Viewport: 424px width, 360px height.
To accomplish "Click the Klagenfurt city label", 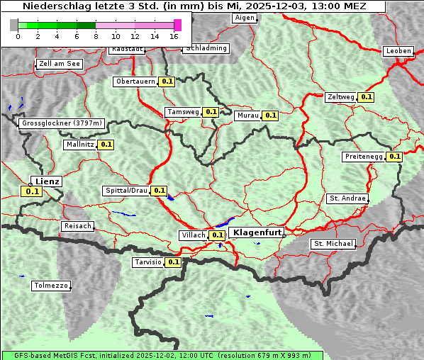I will pyautogui.click(x=257, y=232).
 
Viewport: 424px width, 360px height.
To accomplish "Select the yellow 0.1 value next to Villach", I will pyautogui.click(x=218, y=235).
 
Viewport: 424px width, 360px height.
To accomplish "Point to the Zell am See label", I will pyautogui.click(x=60, y=64).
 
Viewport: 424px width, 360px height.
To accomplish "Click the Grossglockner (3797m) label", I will pyautogui.click(x=62, y=123).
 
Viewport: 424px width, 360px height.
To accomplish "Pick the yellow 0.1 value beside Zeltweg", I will pyautogui.click(x=366, y=97).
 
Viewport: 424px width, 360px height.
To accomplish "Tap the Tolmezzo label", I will pyautogui.click(x=51, y=286).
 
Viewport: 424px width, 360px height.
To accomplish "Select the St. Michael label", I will pyautogui.click(x=333, y=244).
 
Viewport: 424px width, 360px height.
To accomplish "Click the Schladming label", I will pyautogui.click(x=206, y=48).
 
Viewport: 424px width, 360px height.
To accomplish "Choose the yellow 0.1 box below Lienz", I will pyautogui.click(x=32, y=191).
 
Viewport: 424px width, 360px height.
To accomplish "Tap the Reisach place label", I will pyautogui.click(x=78, y=226).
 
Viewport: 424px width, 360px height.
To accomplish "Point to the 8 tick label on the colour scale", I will pyautogui.click(x=96, y=36).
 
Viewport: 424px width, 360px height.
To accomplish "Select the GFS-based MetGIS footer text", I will pyautogui.click(x=162, y=355).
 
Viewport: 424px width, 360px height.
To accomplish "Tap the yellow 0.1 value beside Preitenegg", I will pyautogui.click(x=394, y=157).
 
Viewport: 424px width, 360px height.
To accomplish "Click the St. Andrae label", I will pyautogui.click(x=347, y=198).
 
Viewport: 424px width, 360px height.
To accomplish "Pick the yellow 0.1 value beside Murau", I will pyautogui.click(x=271, y=115).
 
